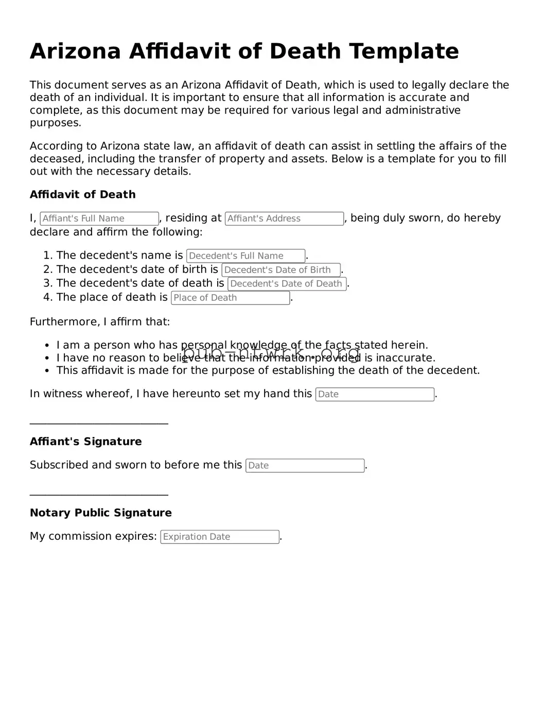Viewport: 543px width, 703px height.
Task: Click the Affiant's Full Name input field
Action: pos(99,218)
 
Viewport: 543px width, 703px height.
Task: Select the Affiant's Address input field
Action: pos(284,218)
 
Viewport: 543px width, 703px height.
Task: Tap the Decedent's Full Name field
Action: pos(246,256)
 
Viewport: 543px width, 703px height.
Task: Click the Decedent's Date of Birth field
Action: pos(281,270)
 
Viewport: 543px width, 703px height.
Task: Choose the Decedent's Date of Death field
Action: pos(287,284)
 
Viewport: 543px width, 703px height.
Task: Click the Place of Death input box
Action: pos(230,298)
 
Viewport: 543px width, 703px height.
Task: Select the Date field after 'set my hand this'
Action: pos(374,395)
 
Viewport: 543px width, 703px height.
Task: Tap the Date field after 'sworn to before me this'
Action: pos(305,466)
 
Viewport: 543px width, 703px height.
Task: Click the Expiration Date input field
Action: pos(220,537)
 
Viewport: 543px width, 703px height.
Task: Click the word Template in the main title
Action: pos(404,52)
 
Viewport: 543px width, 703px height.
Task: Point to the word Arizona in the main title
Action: pos(75,52)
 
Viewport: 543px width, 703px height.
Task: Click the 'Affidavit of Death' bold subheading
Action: pos(83,195)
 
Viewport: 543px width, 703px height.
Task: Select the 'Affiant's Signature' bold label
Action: pos(85,441)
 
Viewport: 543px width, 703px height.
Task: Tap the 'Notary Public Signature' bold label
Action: pos(101,513)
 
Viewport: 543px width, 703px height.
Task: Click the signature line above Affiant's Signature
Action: pos(99,424)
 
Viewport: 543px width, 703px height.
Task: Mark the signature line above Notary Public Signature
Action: pos(99,495)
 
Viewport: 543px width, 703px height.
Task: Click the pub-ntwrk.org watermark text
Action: pos(271,354)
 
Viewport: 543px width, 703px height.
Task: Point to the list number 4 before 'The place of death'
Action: pos(47,297)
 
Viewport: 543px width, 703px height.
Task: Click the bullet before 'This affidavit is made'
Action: pos(47,371)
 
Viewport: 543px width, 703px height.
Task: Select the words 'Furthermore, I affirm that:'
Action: pos(100,322)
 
